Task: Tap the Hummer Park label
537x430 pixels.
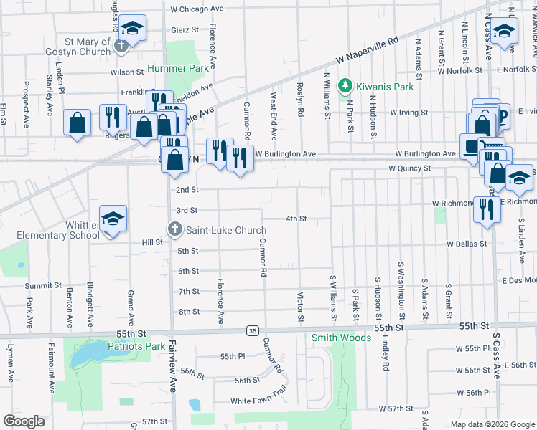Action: pos(177,69)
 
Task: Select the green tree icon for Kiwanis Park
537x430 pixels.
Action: pos(346,87)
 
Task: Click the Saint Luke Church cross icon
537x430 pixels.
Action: pos(174,230)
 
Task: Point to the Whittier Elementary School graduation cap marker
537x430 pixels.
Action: pos(113,219)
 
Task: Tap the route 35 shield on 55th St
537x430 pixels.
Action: pos(251,330)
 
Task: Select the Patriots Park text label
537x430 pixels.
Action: pos(136,346)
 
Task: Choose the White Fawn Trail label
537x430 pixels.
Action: pos(258,401)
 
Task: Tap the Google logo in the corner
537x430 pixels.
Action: pos(24,421)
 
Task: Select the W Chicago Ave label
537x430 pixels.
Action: pos(197,9)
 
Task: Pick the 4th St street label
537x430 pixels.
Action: pos(296,219)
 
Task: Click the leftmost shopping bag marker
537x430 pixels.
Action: pos(77,123)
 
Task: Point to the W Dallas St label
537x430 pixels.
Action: pos(466,244)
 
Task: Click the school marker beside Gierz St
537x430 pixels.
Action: pos(132,28)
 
